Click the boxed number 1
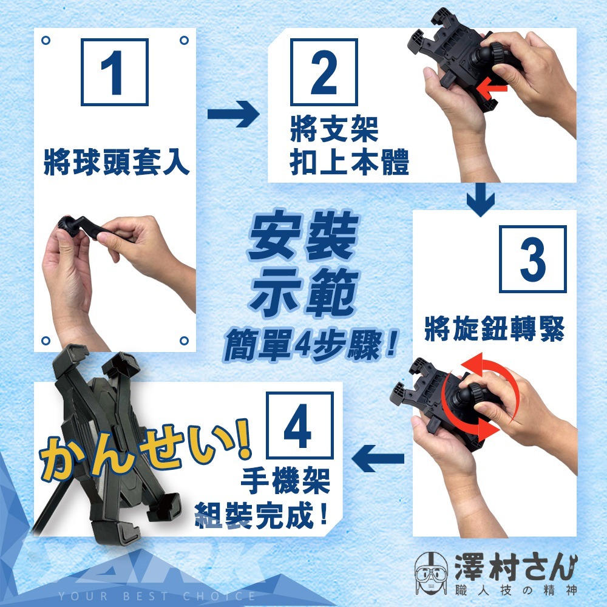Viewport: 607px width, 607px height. [x=115, y=72]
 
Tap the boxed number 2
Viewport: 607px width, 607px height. [x=324, y=72]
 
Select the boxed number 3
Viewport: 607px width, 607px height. [x=533, y=259]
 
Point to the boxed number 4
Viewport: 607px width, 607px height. [x=300, y=425]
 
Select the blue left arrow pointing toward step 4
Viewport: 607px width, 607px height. [x=378, y=458]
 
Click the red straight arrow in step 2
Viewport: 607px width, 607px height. [x=491, y=88]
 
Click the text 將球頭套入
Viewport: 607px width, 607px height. [x=116, y=162]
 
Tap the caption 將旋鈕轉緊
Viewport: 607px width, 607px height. [x=494, y=329]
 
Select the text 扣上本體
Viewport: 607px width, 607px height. [x=349, y=161]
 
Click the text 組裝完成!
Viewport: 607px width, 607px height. [x=261, y=515]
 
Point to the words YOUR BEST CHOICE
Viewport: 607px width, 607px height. [x=157, y=596]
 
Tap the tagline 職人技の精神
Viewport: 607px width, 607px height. [x=516, y=591]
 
